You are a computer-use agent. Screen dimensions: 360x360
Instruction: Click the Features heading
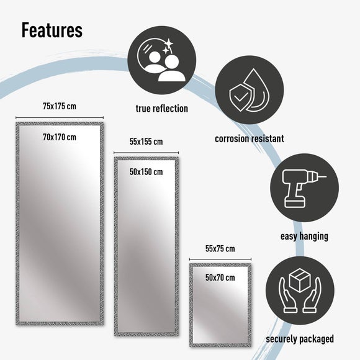[x=52, y=30]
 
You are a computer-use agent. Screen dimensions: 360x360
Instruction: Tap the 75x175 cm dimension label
[x=60, y=106]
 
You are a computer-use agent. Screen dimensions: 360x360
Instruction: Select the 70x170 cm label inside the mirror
[x=60, y=137]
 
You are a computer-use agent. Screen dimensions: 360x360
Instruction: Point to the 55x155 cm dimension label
[x=146, y=142]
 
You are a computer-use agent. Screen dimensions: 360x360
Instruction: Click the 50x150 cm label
[x=146, y=172]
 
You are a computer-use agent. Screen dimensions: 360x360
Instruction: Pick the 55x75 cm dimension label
[x=220, y=249]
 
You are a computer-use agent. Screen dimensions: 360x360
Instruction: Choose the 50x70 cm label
[x=220, y=278]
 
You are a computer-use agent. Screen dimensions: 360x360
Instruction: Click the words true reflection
[x=162, y=109]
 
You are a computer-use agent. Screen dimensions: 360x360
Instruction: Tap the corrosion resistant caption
[x=250, y=138]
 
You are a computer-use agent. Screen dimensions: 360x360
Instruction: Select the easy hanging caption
[x=304, y=236]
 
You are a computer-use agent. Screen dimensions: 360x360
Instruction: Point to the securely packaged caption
[x=300, y=339]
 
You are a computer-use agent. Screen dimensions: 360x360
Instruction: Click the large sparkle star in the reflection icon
[x=169, y=43]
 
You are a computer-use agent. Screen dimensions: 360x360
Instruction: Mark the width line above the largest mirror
[x=60, y=118]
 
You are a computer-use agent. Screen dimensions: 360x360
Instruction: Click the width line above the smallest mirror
[x=220, y=259]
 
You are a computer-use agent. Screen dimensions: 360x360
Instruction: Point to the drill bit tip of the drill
[x=326, y=176]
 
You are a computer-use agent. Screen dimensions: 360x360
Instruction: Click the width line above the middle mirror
[x=146, y=153]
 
